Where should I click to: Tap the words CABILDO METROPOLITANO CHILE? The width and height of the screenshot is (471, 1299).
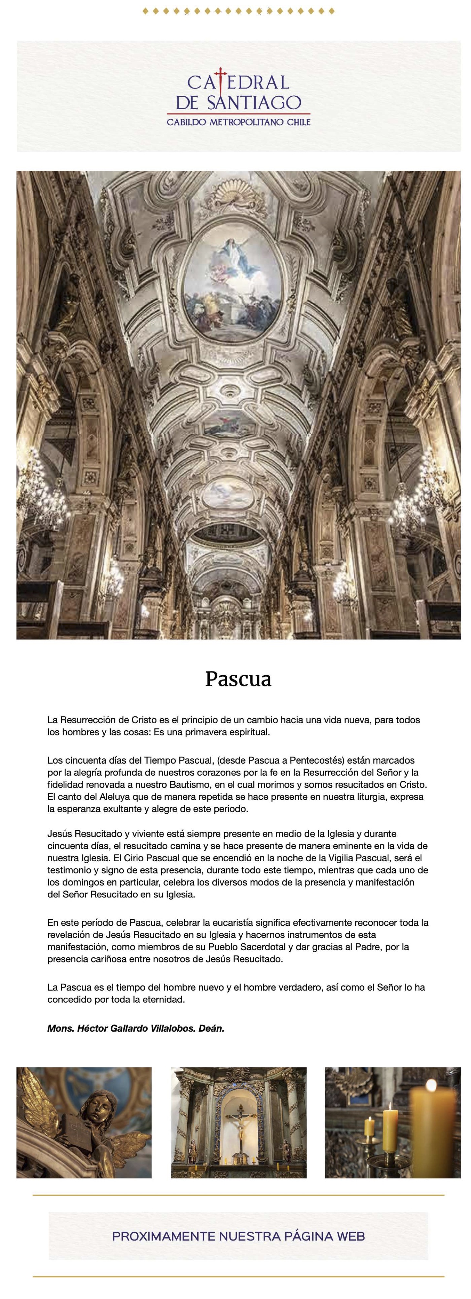click(239, 122)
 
